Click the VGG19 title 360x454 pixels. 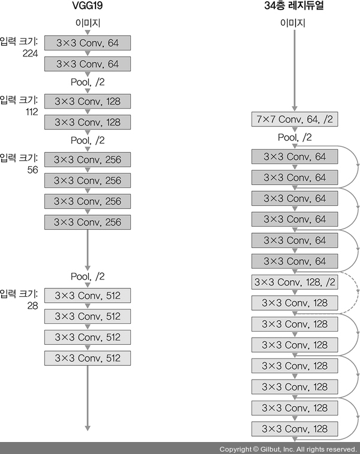coord(87,8)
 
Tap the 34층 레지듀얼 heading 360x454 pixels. coord(295,8)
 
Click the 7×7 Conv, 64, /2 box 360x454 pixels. coord(295,119)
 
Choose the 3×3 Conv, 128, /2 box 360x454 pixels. coord(295,282)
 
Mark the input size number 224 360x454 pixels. coord(30,53)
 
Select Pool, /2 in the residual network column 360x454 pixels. coord(295,138)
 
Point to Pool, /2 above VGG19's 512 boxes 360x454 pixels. coord(87,276)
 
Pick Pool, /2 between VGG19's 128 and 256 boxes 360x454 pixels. coord(87,140)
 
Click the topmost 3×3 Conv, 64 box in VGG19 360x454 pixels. coord(87,43)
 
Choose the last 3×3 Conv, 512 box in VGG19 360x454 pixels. coord(87,358)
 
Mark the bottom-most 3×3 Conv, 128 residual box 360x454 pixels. coord(295,429)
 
